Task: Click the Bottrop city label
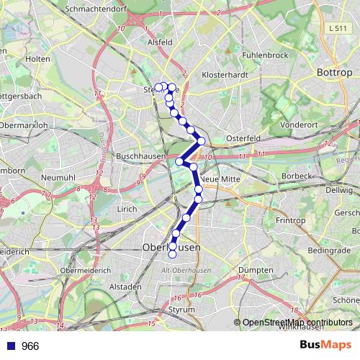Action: pyautogui.click(x=335, y=73)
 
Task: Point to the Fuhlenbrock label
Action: pyautogui.click(x=265, y=55)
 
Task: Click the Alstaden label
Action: pyautogui.click(x=125, y=286)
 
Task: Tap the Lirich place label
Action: pyautogui.click(x=127, y=208)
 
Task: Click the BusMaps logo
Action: pyautogui.click(x=325, y=346)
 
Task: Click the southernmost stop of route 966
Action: pyautogui.click(x=172, y=254)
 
